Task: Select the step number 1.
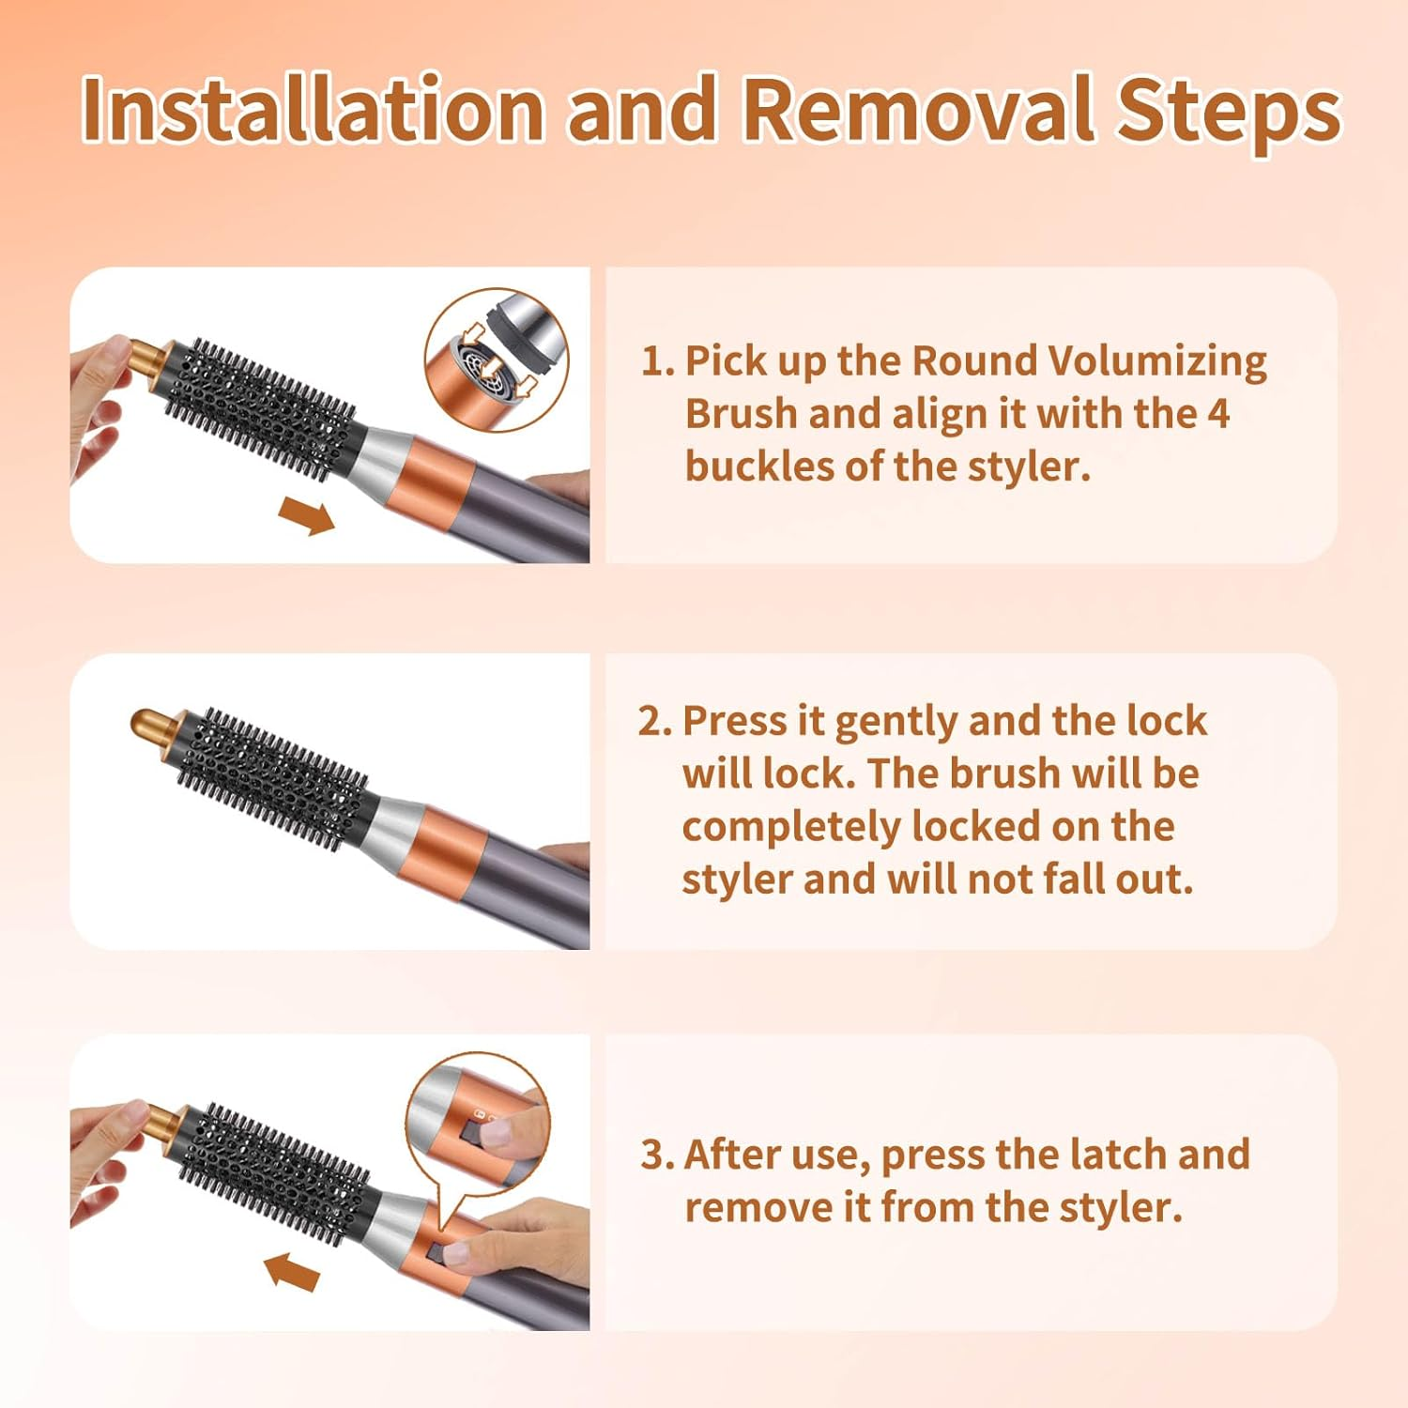click(657, 361)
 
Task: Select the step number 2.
click(654, 721)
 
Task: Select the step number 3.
click(657, 1155)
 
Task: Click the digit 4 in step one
click(1217, 414)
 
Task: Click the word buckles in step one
click(758, 466)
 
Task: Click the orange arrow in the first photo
click(307, 515)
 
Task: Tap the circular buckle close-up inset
click(497, 360)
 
